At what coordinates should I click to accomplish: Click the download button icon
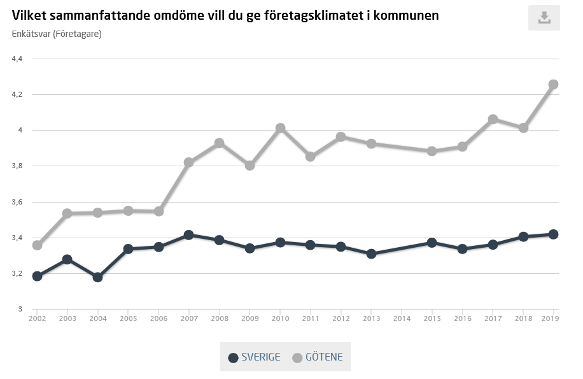(x=544, y=17)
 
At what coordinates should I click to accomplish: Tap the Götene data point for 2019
(x=553, y=84)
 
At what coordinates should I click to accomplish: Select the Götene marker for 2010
(x=280, y=128)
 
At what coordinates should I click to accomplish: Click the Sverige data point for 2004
(x=97, y=277)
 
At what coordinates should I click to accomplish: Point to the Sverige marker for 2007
(x=188, y=235)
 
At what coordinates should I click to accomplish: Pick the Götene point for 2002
(x=37, y=245)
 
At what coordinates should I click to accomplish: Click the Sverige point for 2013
(x=371, y=254)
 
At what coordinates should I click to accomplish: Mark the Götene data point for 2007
(x=188, y=162)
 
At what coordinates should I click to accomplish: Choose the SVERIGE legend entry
(x=254, y=357)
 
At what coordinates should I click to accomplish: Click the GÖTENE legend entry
(x=317, y=357)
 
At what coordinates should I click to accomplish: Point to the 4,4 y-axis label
(x=17, y=59)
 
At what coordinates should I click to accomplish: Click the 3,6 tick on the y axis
(x=17, y=202)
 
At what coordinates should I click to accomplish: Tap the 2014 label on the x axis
(x=402, y=318)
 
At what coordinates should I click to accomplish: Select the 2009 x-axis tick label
(x=249, y=318)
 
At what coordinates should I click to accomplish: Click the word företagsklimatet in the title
(x=324, y=15)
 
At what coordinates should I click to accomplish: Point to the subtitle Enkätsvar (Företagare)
(x=57, y=34)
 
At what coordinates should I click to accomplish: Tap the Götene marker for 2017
(x=493, y=119)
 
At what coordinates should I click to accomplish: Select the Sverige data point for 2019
(x=553, y=234)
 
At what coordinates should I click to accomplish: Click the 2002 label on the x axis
(x=37, y=318)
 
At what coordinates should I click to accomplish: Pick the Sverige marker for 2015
(x=432, y=243)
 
